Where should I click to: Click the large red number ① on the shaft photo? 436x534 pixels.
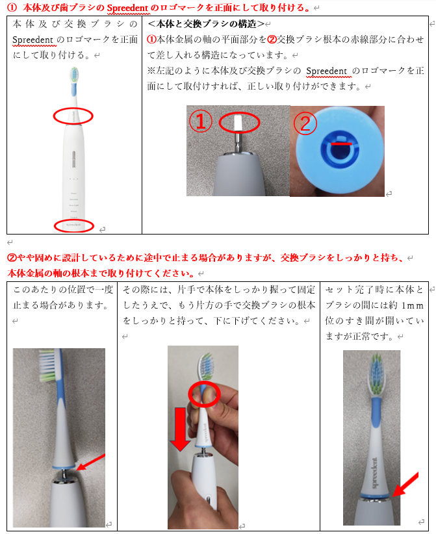tap(201, 121)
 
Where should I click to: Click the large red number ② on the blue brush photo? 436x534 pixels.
tap(306, 121)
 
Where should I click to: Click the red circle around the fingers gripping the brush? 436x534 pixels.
tap(204, 396)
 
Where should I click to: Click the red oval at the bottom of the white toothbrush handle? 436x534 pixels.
tap(73, 225)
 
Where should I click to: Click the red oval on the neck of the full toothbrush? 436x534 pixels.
tap(73, 116)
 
